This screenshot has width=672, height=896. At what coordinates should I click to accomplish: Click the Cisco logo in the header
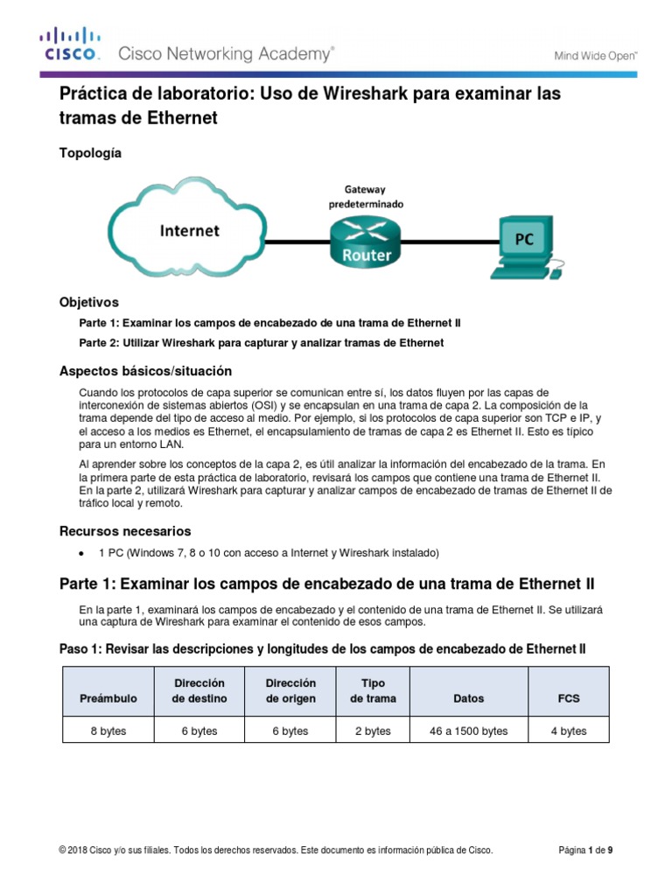pos(71,45)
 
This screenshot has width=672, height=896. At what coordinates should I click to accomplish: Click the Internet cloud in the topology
pos(189,230)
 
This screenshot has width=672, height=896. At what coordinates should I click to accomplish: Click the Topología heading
pos(89,153)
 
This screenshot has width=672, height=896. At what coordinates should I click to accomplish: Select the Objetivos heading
pos(87,303)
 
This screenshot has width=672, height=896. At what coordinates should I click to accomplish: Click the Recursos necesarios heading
pos(124,531)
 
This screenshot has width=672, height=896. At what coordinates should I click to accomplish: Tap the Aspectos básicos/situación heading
pos(145,370)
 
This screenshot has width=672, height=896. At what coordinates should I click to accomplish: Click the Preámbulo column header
pos(108,698)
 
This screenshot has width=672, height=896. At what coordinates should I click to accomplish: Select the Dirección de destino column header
pos(199,690)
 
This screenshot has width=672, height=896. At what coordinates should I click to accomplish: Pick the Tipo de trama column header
pos(373,690)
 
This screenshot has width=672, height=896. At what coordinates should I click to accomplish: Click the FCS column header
pos(569,698)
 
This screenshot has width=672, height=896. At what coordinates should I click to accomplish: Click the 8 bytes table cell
pos(108,731)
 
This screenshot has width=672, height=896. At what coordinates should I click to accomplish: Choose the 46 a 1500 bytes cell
pos(469,731)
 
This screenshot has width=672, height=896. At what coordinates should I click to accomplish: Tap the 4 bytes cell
pos(569,731)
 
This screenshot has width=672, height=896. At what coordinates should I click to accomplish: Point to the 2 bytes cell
pos(373,731)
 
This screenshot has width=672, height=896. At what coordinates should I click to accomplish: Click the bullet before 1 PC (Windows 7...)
pos(81,554)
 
